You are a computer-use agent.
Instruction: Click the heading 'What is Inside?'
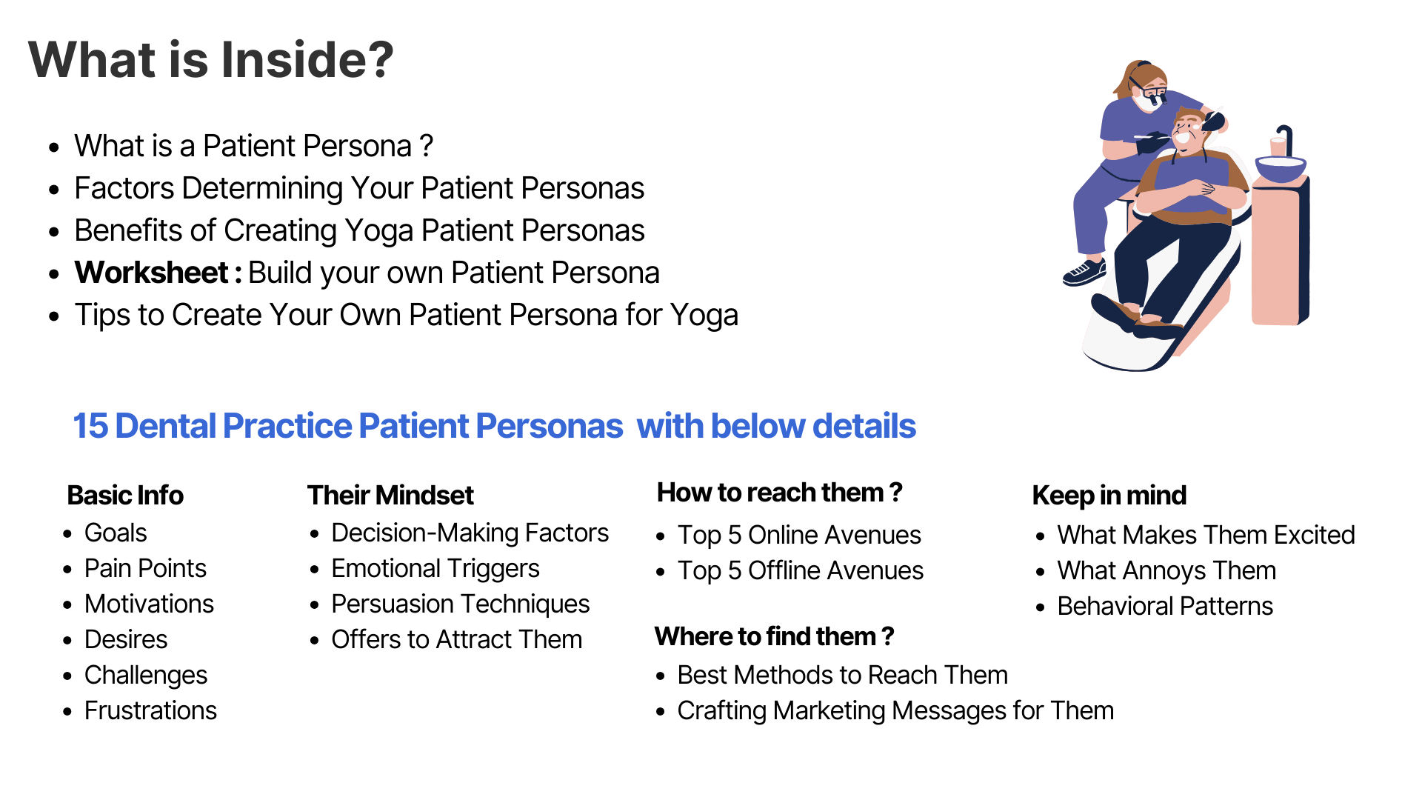tap(211, 59)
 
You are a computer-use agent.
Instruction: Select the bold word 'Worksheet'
tap(152, 273)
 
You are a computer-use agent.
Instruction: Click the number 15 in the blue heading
tap(90, 426)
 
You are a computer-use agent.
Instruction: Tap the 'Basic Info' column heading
tap(125, 495)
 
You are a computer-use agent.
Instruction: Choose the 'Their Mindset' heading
tap(390, 495)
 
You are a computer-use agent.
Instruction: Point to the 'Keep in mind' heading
tap(1109, 495)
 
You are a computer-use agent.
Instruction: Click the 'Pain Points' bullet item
tap(145, 568)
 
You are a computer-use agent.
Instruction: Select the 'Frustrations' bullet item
tap(150, 710)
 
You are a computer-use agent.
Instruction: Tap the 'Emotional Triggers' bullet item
tap(435, 568)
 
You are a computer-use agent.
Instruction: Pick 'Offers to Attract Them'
tap(457, 639)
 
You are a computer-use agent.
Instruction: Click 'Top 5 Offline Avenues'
tap(801, 570)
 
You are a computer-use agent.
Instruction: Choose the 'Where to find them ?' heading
tap(775, 636)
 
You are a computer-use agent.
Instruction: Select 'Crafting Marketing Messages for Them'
tap(895, 710)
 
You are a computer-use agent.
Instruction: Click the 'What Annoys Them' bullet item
tap(1166, 570)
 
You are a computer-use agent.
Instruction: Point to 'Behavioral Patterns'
tap(1165, 606)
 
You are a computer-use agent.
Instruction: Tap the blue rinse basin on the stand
tap(1281, 169)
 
